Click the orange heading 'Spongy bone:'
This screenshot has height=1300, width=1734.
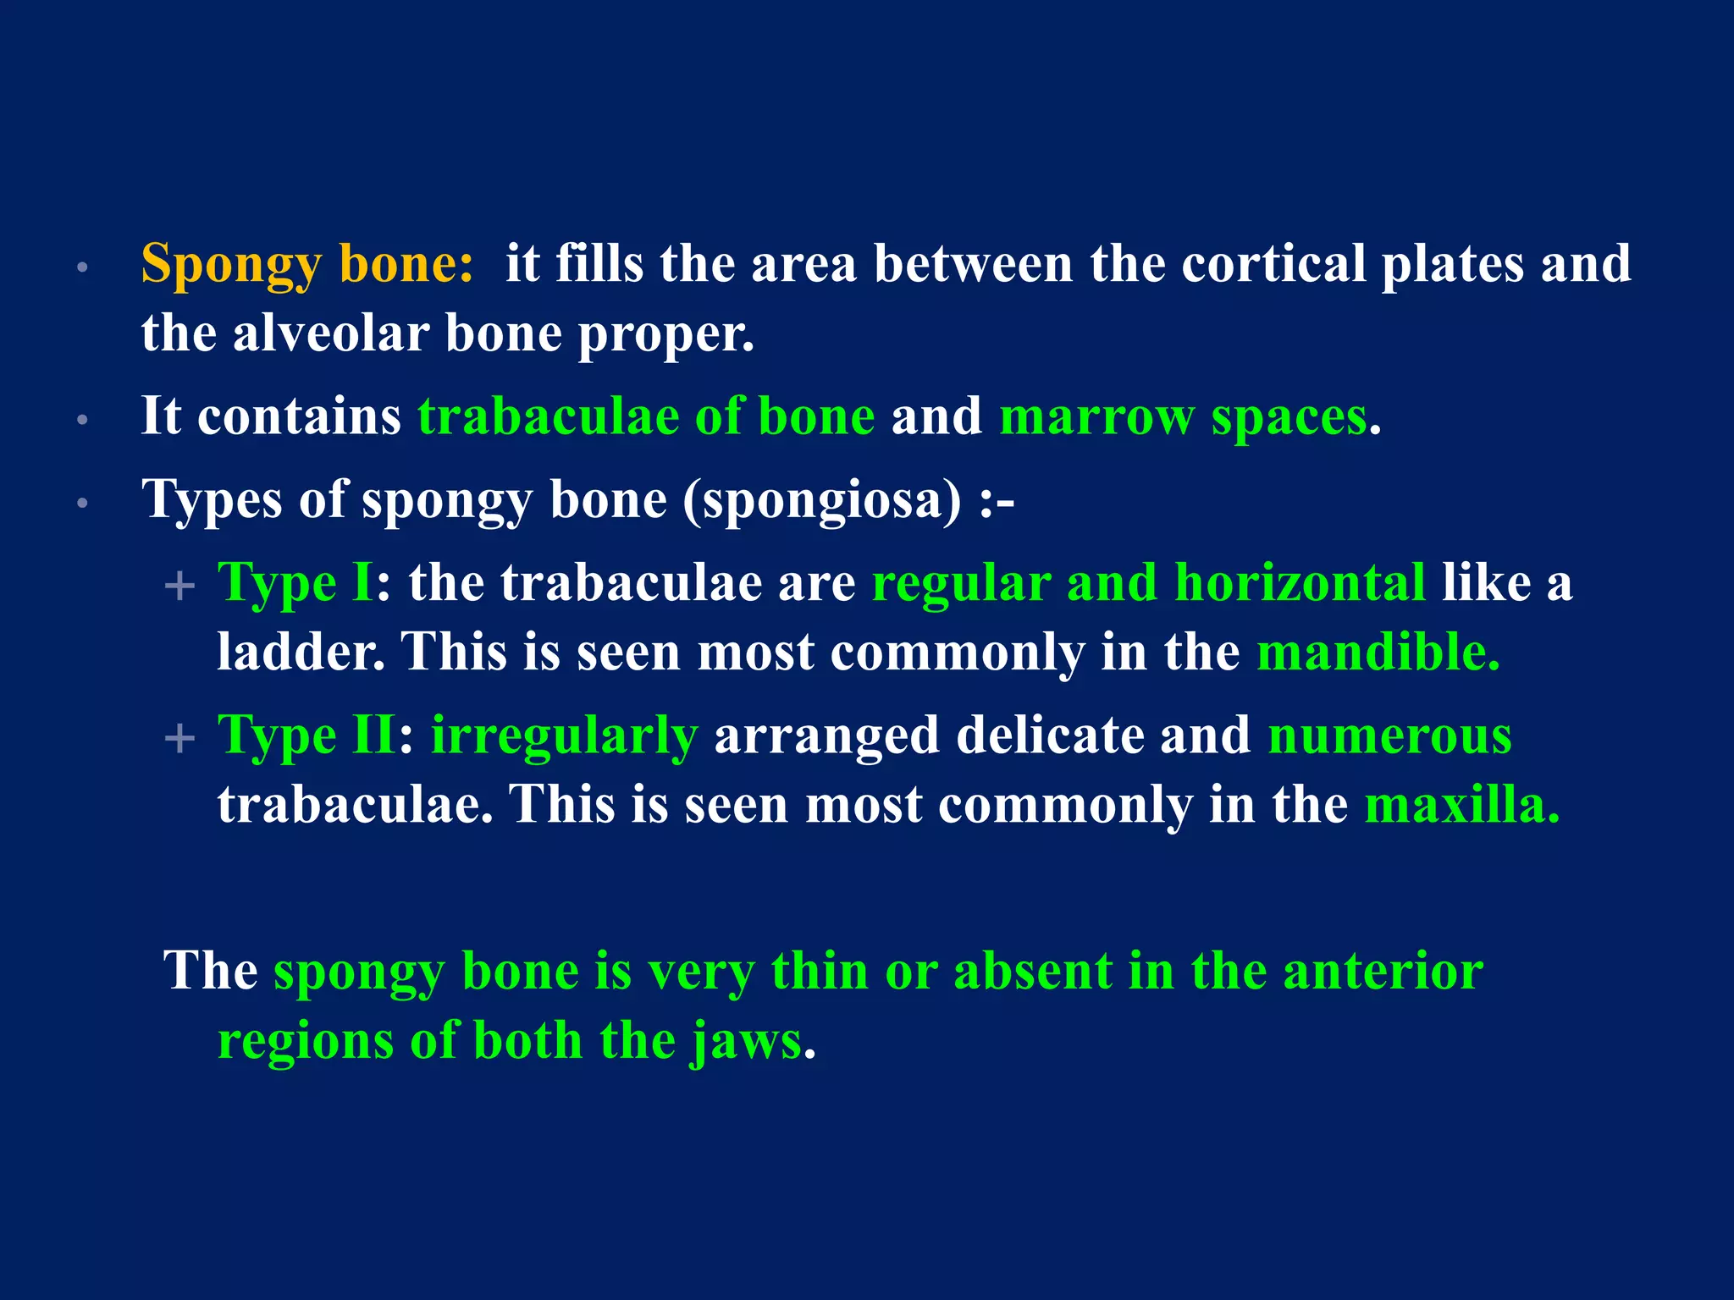click(306, 264)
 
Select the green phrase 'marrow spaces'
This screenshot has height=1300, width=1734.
click(1183, 417)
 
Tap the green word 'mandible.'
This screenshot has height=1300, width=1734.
click(1378, 653)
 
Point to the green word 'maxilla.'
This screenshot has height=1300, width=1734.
click(1461, 805)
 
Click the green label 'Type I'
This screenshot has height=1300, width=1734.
click(295, 584)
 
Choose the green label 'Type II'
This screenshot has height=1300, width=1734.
click(306, 735)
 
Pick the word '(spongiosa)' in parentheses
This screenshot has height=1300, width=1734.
click(822, 500)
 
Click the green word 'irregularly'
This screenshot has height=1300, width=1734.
click(564, 735)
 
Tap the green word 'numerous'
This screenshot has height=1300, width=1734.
click(1389, 735)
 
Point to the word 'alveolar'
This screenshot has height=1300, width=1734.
click(330, 333)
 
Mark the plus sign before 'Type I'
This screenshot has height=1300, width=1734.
click(179, 586)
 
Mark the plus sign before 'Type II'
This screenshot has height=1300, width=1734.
click(179, 738)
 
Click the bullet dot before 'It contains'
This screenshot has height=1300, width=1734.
click(82, 420)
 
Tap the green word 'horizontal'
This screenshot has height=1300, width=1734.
click(1300, 584)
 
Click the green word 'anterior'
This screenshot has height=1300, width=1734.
click(1383, 971)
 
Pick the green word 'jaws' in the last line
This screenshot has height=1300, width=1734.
click(746, 1040)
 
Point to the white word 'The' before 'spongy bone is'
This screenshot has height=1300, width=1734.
click(210, 971)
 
